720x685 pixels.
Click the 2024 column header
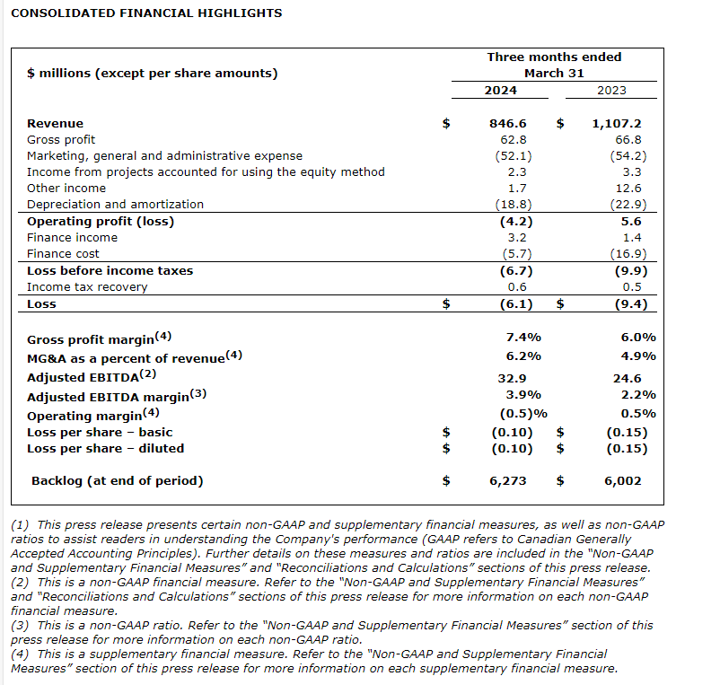pyautogui.click(x=500, y=90)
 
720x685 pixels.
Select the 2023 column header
pyautogui.click(x=611, y=90)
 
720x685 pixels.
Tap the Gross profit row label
pyautogui.click(x=61, y=140)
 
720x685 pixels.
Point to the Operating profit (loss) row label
pyautogui.click(x=101, y=221)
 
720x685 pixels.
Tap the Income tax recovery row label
pyautogui.click(x=87, y=287)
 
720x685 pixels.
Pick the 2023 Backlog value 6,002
pyautogui.click(x=622, y=481)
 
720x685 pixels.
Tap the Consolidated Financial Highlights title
pyautogui.click(x=146, y=13)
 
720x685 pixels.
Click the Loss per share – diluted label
pyautogui.click(x=105, y=449)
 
